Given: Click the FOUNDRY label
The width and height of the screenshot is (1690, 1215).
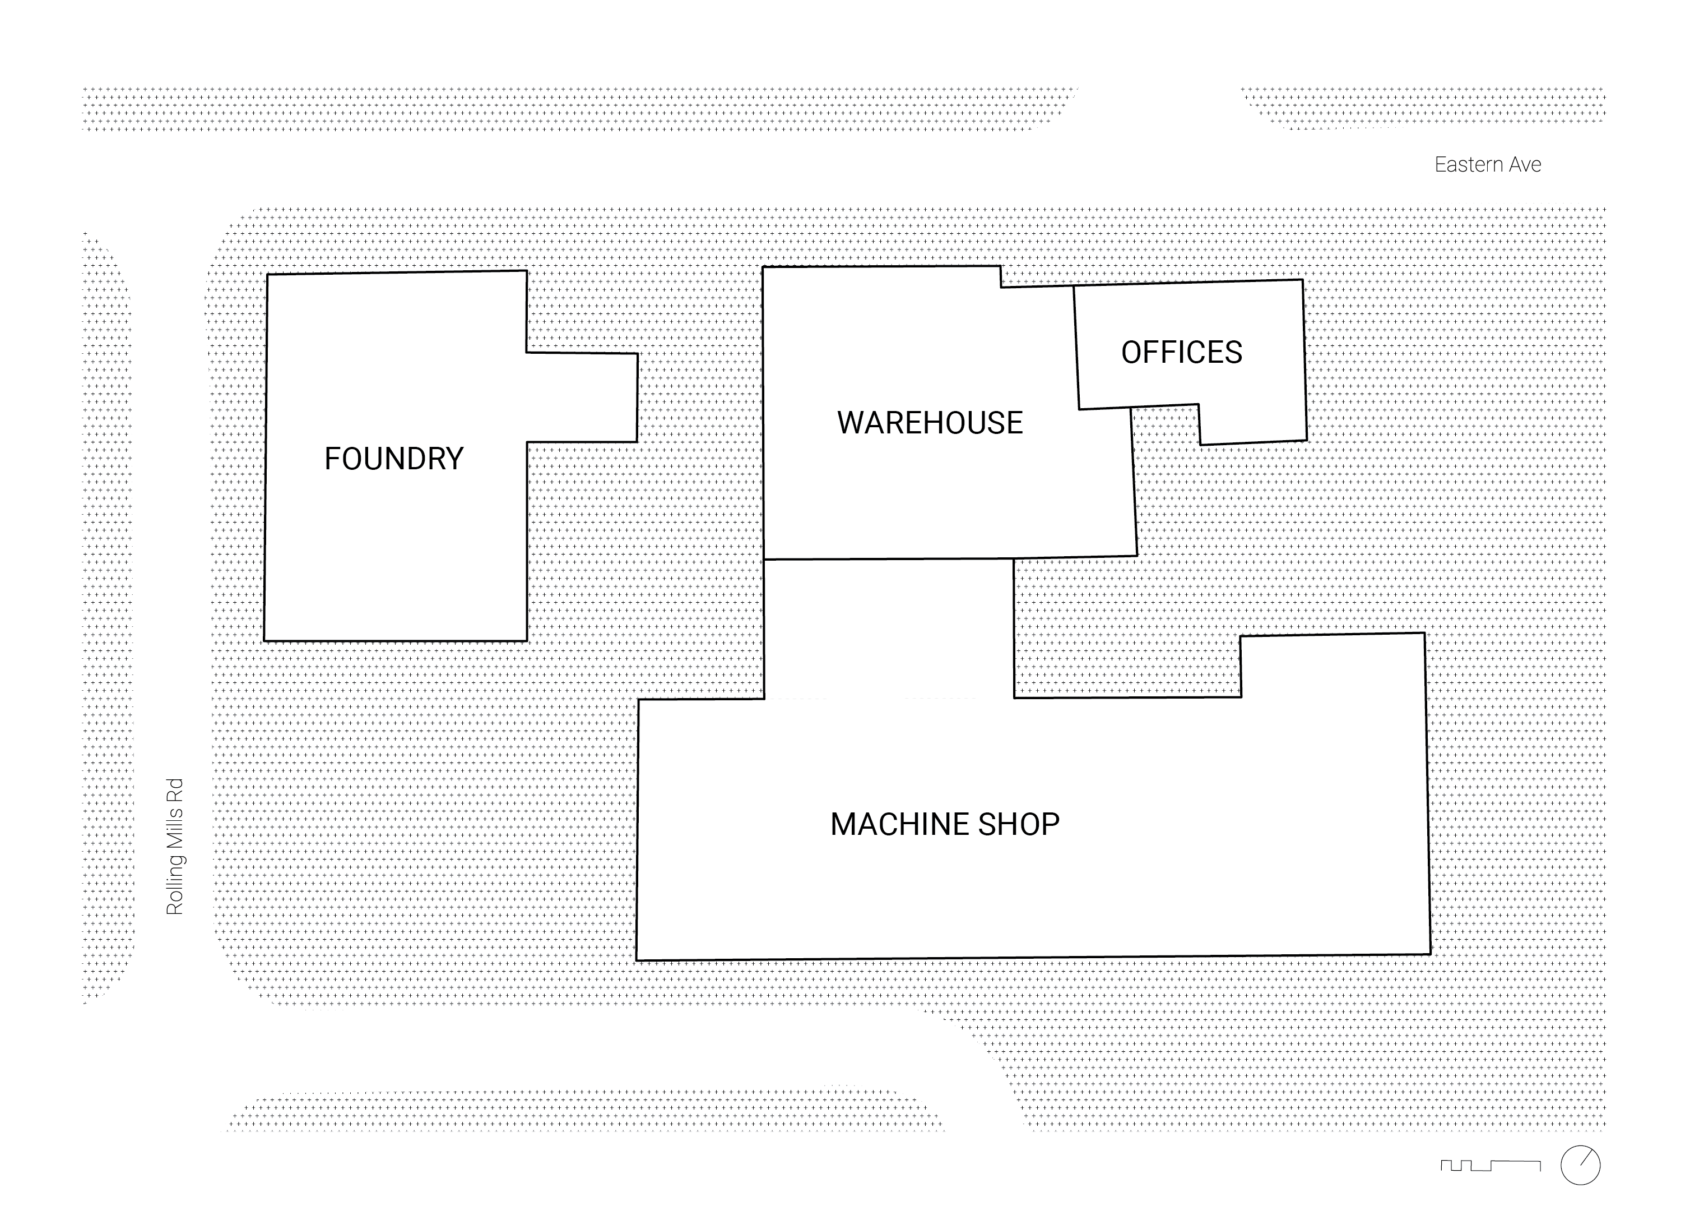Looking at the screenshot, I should point(393,459).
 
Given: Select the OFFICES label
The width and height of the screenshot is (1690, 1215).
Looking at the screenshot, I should point(1181,353).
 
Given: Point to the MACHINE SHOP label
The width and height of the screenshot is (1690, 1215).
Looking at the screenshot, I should point(944,824).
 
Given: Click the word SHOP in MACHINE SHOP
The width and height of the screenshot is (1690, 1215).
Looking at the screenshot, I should point(1019,824).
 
